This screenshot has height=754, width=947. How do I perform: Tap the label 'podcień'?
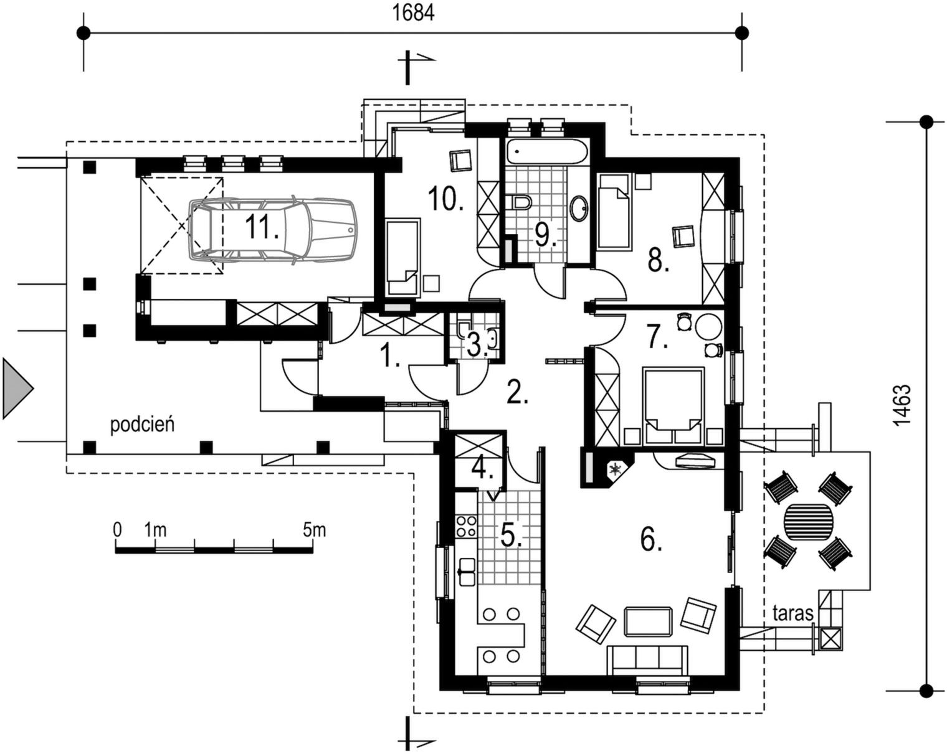click(142, 425)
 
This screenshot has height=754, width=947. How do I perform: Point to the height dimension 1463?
click(902, 405)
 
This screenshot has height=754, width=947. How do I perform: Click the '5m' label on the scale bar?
click(314, 530)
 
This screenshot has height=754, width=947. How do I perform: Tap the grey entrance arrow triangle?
click(17, 389)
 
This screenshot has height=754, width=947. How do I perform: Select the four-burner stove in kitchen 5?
click(466, 525)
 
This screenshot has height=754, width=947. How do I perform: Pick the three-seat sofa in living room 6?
click(647, 660)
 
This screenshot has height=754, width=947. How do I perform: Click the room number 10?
click(445, 198)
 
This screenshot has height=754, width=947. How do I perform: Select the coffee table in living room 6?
click(648, 621)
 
